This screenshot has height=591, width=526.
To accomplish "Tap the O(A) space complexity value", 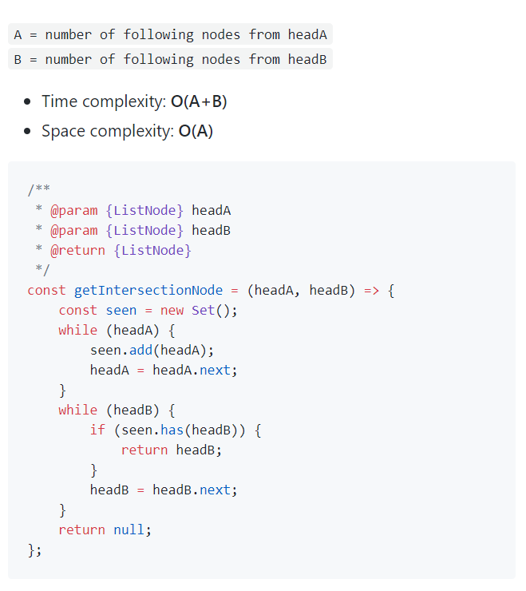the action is pos(196,131).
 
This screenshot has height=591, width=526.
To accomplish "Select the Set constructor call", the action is pos(204,310).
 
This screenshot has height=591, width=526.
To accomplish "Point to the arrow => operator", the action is pos(372,290).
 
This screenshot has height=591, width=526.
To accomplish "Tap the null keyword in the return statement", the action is pos(129,530).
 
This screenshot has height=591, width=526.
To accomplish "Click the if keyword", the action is pos(97,430).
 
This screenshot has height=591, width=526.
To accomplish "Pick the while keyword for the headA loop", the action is pos(77,330).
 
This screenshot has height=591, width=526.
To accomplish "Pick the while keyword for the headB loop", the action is pos(77,410).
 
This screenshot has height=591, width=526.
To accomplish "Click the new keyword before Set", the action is pos(172,310).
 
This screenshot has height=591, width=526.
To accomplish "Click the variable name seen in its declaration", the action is pos(121,310).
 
